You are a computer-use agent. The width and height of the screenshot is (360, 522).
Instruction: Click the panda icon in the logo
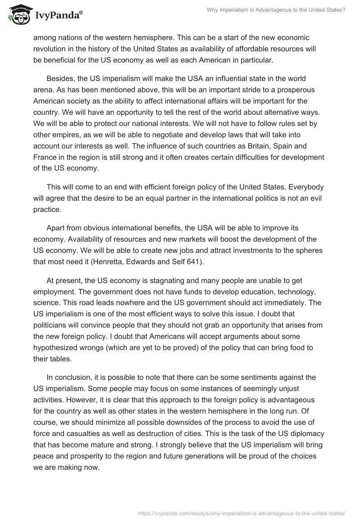coord(17,15)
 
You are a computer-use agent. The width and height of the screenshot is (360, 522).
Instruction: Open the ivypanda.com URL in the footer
coord(243,512)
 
